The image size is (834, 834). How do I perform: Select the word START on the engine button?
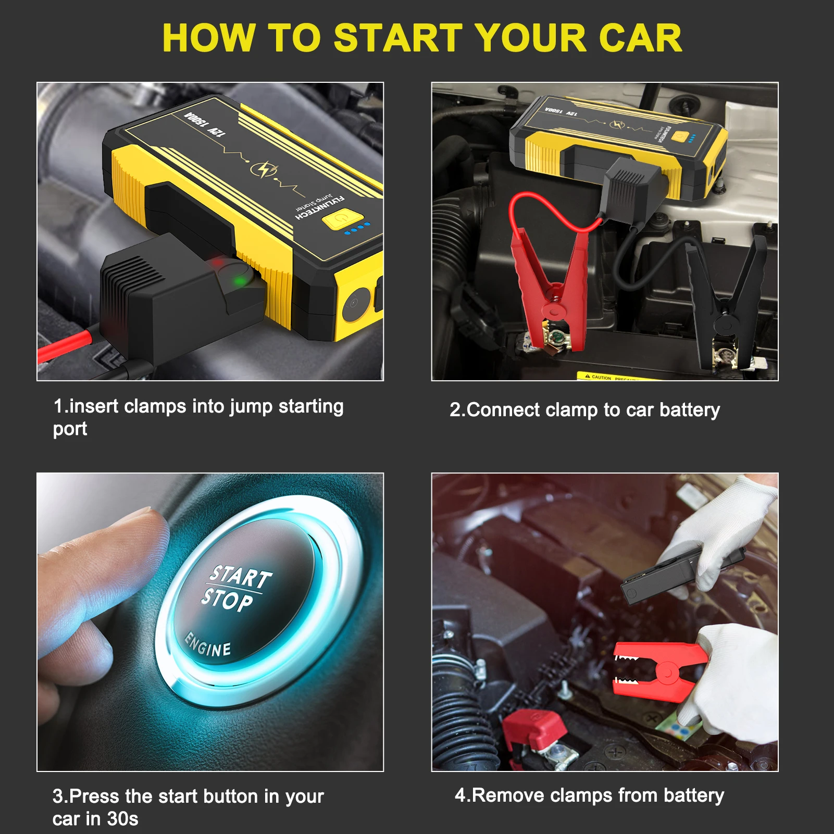click(240, 576)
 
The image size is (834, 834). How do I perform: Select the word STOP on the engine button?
click(227, 600)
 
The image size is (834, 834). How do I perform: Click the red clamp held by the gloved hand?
click(659, 672)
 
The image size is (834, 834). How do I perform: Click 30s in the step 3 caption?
click(122, 819)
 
